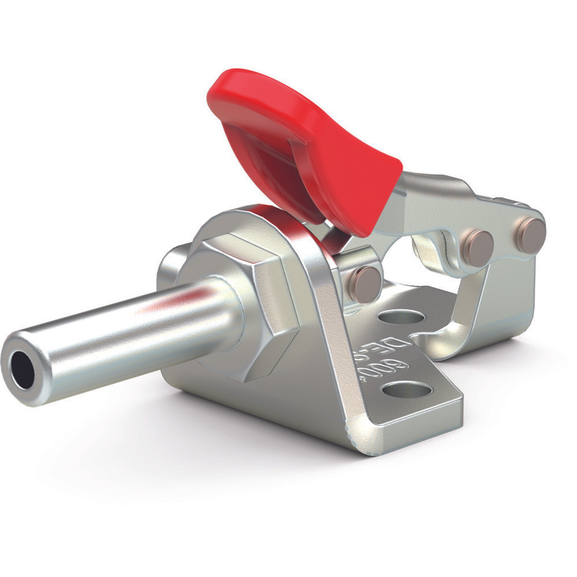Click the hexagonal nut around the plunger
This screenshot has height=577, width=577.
click(x=246, y=292)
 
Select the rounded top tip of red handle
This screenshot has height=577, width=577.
click(x=231, y=83)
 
